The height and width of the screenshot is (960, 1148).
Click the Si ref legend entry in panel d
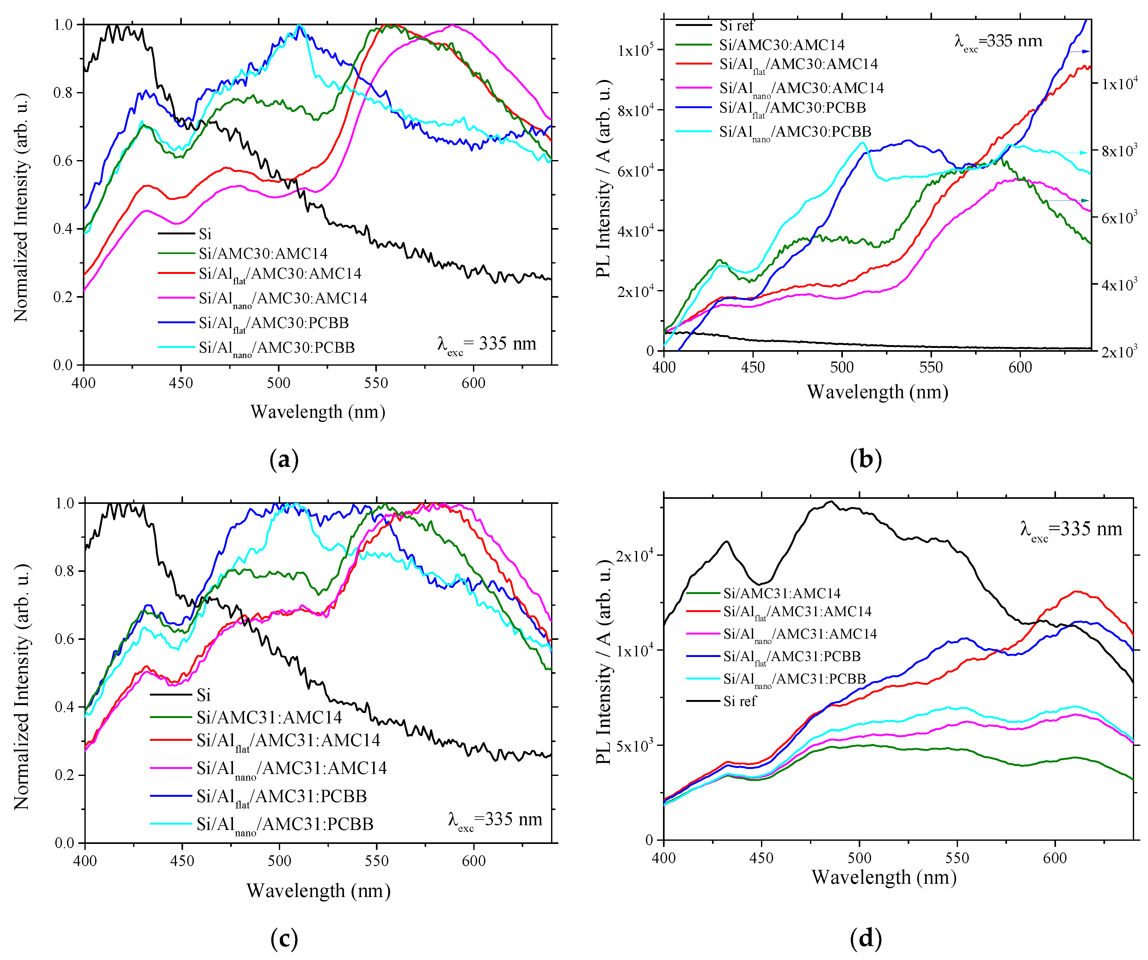pyautogui.click(x=739, y=701)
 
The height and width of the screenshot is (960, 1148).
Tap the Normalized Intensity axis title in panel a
pyautogui.click(x=21, y=208)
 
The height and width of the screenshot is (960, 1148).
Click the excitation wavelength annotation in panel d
pyautogui.click(x=1070, y=530)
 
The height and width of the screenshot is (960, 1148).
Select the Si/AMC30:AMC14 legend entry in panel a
pyautogui.click(x=262, y=253)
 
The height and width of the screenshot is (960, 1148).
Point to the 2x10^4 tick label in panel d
pyautogui.click(x=634, y=556)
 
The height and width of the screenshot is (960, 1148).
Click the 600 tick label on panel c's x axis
pyautogui.click(x=473, y=860)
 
